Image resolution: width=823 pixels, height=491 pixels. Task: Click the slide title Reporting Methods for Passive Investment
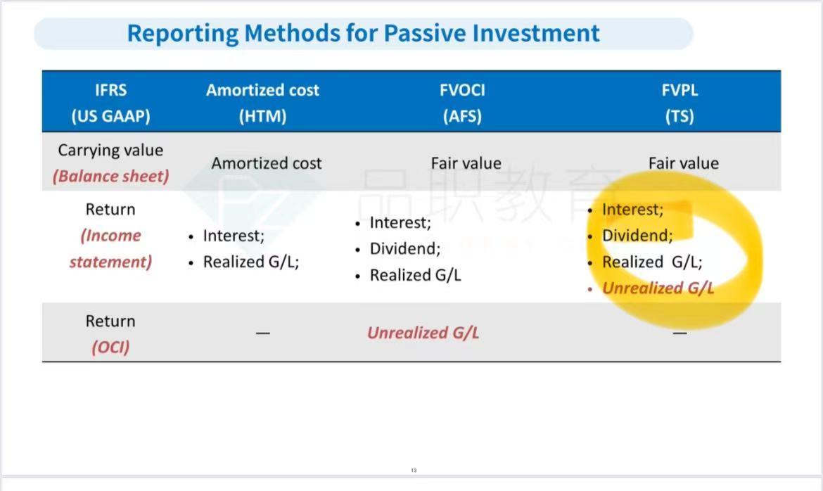pyautogui.click(x=363, y=34)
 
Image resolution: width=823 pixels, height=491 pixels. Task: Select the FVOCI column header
pyautogui.click(x=462, y=90)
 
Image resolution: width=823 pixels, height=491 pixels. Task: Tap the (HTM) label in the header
pyautogui.click(x=262, y=116)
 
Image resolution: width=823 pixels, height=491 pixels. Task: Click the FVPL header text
pyautogui.click(x=680, y=90)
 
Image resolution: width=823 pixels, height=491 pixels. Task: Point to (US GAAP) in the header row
pyautogui.click(x=110, y=116)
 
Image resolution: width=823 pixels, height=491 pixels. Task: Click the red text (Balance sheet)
pyautogui.click(x=110, y=177)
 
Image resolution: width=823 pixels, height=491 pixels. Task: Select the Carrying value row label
pyautogui.click(x=110, y=151)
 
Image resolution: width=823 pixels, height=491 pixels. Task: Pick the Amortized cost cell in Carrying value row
pyautogui.click(x=267, y=163)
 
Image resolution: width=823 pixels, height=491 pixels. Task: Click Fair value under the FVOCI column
pyautogui.click(x=466, y=163)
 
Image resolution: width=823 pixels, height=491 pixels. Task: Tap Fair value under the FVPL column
pyautogui.click(x=684, y=163)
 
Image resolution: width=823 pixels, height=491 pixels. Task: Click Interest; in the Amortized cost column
pyautogui.click(x=234, y=236)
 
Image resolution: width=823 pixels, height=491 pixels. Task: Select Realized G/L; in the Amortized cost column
pyautogui.click(x=251, y=262)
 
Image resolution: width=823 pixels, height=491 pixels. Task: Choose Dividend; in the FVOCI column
pyautogui.click(x=405, y=248)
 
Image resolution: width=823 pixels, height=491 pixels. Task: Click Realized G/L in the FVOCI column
pyautogui.click(x=416, y=275)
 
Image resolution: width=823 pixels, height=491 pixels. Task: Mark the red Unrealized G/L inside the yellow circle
pyautogui.click(x=658, y=288)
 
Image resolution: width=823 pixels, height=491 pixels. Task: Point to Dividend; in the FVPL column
pyautogui.click(x=637, y=236)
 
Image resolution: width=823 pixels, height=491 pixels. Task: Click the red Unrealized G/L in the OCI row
pyautogui.click(x=423, y=333)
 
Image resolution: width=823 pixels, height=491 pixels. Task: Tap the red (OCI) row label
pyautogui.click(x=110, y=347)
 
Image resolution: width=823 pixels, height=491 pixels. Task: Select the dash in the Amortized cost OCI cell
pyautogui.click(x=263, y=333)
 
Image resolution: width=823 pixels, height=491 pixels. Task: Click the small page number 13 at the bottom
pyautogui.click(x=414, y=471)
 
